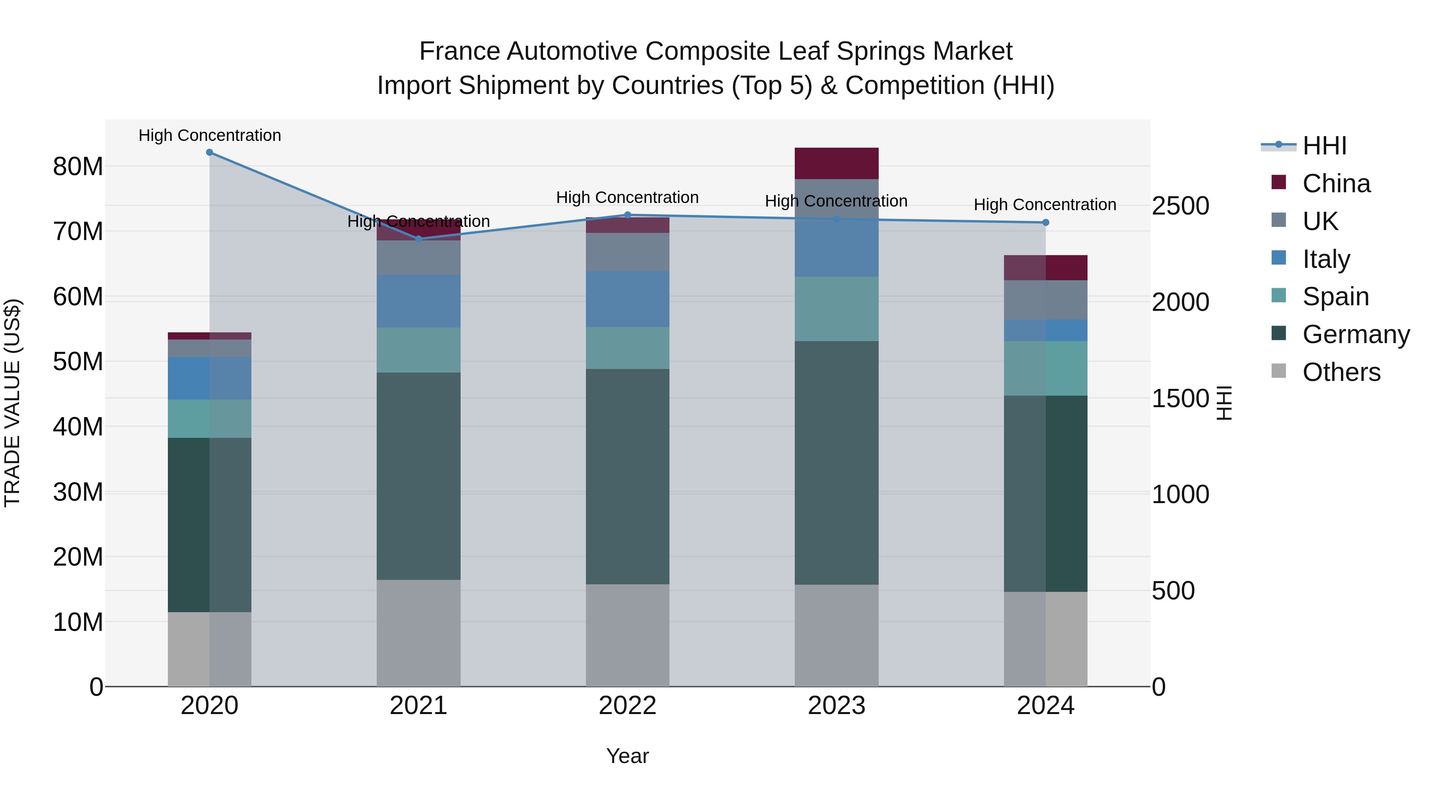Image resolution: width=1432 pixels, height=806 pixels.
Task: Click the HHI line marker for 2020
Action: pyautogui.click(x=210, y=152)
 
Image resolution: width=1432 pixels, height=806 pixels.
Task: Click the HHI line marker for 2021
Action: pyautogui.click(x=418, y=239)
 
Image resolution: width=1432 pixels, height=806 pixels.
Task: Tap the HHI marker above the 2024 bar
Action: pyautogui.click(x=1046, y=222)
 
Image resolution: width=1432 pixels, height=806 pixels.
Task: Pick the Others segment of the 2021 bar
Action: pyautogui.click(x=418, y=633)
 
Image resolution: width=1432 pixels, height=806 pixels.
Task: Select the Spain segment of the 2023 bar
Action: pyautogui.click(x=837, y=309)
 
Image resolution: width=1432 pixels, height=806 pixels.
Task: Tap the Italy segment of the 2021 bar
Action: pyautogui.click(x=418, y=301)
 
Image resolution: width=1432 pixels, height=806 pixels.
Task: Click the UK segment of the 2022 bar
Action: pyautogui.click(x=628, y=252)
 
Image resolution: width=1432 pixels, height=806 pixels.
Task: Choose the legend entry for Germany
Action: pyautogui.click(x=1355, y=334)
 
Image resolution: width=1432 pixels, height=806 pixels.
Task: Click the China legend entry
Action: pyautogui.click(x=1336, y=183)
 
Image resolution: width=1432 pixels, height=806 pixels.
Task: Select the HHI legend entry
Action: pyautogui.click(x=1323, y=146)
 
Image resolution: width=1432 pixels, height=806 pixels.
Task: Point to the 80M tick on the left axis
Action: pyautogui.click(x=78, y=166)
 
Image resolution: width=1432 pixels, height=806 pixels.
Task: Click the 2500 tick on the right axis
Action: pyautogui.click(x=1180, y=206)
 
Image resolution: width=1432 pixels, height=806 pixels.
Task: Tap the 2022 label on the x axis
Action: pyautogui.click(x=628, y=706)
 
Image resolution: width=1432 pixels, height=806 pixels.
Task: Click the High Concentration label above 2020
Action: pyautogui.click(x=210, y=135)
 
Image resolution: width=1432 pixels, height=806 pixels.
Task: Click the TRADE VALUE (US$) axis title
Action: pyautogui.click(x=12, y=403)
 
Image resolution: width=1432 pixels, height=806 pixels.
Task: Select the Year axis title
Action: pyautogui.click(x=628, y=756)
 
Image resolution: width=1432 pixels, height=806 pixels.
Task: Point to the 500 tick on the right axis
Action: pyautogui.click(x=1173, y=591)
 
